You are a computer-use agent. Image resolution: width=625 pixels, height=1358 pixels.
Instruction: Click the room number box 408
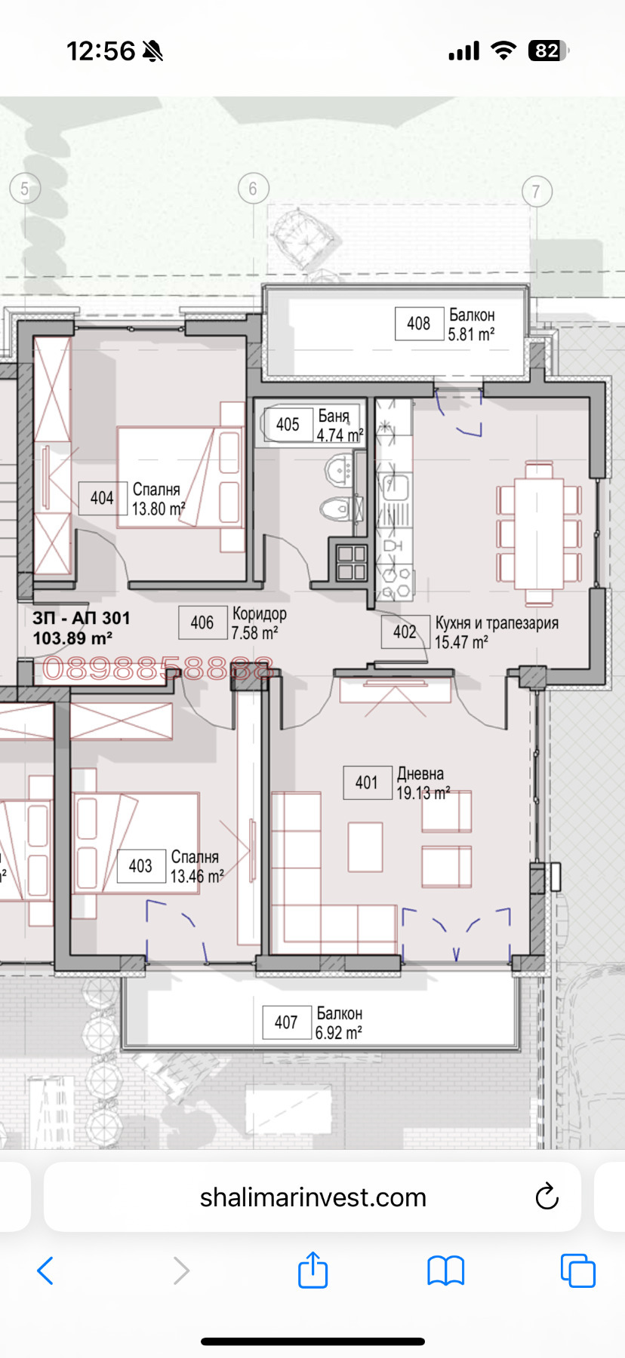[419, 324]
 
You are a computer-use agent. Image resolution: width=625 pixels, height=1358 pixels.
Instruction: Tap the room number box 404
[102, 498]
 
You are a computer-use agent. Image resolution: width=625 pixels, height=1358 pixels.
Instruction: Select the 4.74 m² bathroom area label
[339, 435]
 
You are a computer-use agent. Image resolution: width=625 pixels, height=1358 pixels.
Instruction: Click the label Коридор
[259, 613]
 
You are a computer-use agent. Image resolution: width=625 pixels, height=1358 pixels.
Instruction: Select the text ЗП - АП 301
[81, 618]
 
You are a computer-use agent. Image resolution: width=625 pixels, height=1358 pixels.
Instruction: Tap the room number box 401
[367, 782]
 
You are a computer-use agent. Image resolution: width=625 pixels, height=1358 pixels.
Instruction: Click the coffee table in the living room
[365, 846]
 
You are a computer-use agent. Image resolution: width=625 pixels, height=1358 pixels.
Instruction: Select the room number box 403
[141, 866]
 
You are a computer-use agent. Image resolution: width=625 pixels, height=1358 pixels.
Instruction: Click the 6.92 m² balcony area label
[338, 1033]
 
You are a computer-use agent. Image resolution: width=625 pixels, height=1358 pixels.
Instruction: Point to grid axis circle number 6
[253, 189]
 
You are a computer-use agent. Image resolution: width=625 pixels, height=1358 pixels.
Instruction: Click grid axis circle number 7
[537, 192]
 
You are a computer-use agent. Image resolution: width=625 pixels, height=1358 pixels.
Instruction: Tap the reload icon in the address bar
[546, 1197]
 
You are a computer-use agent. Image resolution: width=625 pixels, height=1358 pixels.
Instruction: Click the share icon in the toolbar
[312, 1270]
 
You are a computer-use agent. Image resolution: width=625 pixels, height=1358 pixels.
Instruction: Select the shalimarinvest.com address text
[312, 1197]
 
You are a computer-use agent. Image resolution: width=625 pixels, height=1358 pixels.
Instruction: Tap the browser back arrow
[45, 1270]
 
